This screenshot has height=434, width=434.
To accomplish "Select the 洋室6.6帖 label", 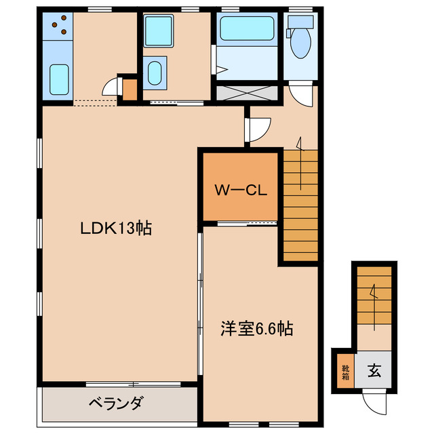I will (x=256, y=330).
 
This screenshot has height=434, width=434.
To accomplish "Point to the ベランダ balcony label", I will (x=115, y=404).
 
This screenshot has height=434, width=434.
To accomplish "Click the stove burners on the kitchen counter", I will (x=60, y=25).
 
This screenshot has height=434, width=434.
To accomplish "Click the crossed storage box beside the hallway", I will (x=246, y=92).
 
